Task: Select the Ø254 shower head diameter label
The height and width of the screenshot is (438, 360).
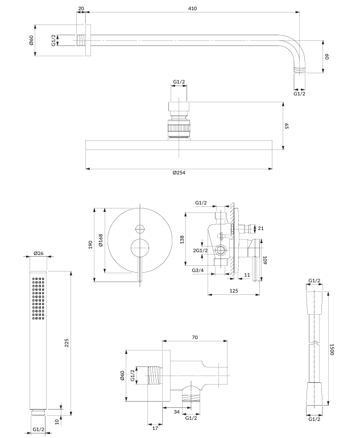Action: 179,173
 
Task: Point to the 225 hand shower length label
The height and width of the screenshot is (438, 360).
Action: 66,342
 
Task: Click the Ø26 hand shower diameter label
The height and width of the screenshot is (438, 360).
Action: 39,253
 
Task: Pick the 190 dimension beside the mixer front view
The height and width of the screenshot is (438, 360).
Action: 90,244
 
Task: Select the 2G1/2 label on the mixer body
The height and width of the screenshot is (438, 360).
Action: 200,251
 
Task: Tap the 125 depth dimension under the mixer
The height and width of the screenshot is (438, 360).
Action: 233,290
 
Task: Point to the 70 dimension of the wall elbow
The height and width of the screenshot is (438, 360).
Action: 195,337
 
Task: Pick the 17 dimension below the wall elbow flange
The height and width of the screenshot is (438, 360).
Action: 155,428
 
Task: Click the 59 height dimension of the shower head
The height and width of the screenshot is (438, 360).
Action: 287,126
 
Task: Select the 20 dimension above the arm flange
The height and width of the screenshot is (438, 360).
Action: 81,9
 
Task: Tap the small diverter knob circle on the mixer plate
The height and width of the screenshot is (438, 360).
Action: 139,229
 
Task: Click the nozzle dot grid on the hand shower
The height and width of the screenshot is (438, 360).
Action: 39,298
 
